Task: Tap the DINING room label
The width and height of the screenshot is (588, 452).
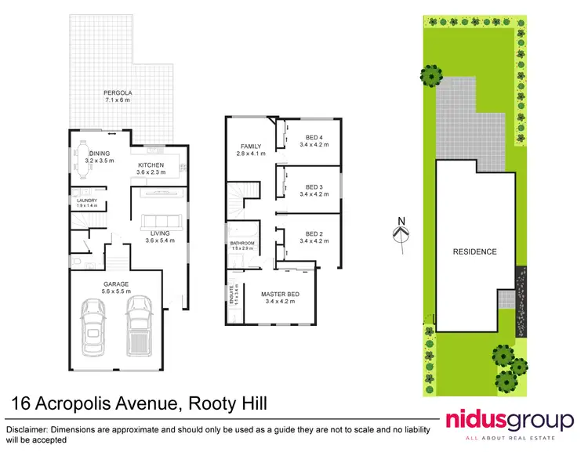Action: (x=99, y=154)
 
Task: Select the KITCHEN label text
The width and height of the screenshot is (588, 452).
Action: (x=151, y=165)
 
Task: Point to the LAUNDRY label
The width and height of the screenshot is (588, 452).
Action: (x=87, y=201)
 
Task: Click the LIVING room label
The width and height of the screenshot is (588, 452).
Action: (x=159, y=233)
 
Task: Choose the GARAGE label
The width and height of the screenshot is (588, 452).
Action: (x=114, y=284)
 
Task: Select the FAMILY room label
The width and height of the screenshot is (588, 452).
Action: (x=251, y=146)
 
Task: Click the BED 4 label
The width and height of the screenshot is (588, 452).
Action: (x=314, y=139)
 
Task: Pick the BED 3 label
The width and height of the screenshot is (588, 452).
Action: (x=314, y=187)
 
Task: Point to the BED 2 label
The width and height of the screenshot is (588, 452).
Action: (x=314, y=233)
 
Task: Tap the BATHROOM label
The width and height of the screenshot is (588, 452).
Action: (x=242, y=243)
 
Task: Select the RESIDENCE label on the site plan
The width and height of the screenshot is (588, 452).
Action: (x=474, y=251)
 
